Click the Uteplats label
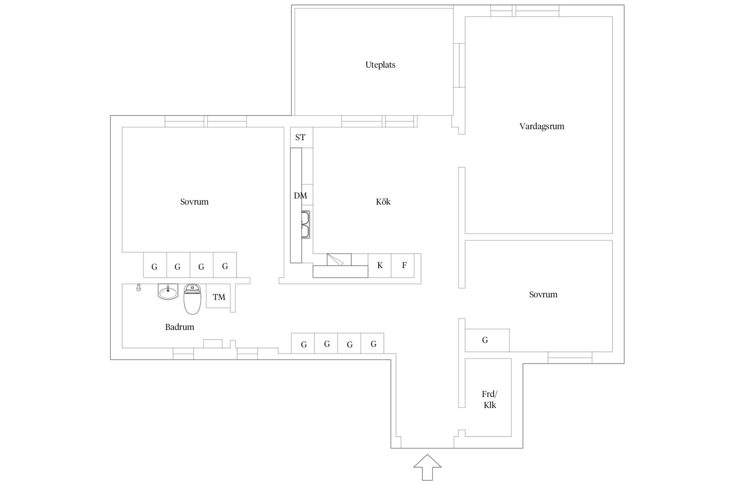(380, 65)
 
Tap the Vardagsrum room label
(542, 127)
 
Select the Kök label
(383, 202)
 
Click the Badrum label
(180, 327)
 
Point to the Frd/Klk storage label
(490, 399)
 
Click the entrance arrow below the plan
(428, 467)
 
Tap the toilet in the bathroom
(192, 299)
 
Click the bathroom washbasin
(168, 291)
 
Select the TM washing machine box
(218, 296)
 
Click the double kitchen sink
(305, 225)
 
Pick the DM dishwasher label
(300, 196)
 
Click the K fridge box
(380, 265)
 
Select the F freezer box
(403, 265)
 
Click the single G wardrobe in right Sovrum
(487, 340)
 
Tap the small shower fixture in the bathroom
(138, 287)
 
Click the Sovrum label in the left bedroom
(195, 202)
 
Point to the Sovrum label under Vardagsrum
(543, 295)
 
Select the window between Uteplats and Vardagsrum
(459, 66)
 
